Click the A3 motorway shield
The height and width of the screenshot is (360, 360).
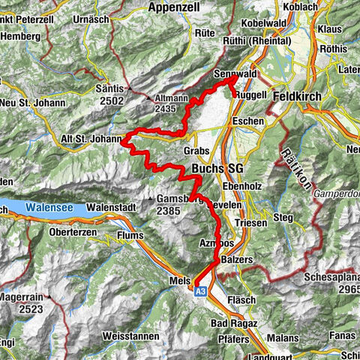[200, 292]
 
